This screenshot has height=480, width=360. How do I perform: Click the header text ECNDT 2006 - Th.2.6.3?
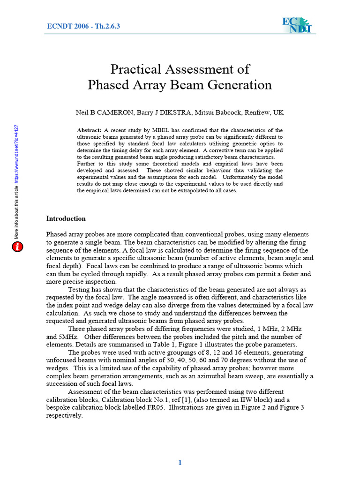coord(83,26)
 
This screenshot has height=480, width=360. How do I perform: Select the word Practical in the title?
coord(135,69)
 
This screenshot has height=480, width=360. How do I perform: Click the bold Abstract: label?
coord(89,130)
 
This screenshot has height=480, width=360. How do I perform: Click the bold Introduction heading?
coord(66,218)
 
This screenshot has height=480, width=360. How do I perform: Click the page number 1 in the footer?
coord(180,463)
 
